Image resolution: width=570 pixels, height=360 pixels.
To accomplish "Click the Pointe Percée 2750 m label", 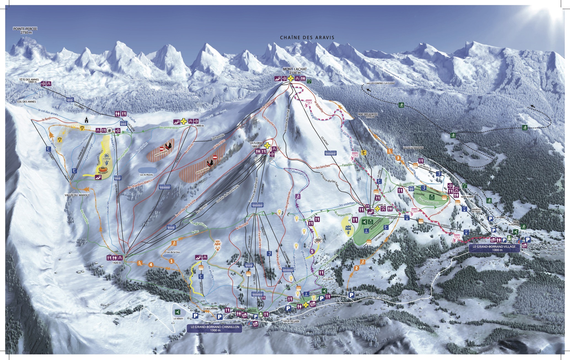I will [x=25, y=30].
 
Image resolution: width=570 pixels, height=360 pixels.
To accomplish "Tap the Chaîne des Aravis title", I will [x=307, y=38].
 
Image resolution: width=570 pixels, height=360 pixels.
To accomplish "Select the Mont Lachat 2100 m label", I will [x=295, y=71].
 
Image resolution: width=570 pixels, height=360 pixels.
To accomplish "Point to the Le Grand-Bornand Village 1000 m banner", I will [x=494, y=248].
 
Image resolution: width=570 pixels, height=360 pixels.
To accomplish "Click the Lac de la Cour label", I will [x=173, y=252].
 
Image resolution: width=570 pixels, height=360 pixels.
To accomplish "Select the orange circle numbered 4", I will [x=151, y=265].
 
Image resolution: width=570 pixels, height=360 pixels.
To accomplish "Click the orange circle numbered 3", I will [x=398, y=158].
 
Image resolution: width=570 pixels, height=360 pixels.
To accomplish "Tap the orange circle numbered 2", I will [x=356, y=268].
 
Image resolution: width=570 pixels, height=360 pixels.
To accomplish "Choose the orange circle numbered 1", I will [x=171, y=261].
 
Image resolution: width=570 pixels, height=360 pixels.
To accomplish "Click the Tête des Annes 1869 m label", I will [x=29, y=81].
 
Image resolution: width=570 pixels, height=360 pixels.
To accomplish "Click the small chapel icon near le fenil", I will [x=87, y=120].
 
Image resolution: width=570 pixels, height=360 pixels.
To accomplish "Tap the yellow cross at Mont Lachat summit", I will [x=290, y=79].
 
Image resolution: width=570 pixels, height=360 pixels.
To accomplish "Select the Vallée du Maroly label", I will [x=77, y=195].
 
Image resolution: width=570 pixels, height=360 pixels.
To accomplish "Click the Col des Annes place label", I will [x=26, y=102].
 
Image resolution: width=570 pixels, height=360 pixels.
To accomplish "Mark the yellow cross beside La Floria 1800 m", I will [x=267, y=145].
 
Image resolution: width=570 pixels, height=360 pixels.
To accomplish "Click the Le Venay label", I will [x=178, y=319].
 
